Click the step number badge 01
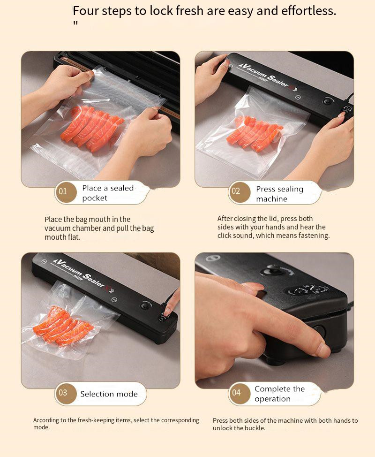(66, 192)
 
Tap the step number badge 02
(240, 192)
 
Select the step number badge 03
(66, 394)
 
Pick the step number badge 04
(240, 394)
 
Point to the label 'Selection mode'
(109, 394)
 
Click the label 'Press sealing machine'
(279, 194)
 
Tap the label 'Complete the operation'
(279, 394)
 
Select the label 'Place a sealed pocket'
(108, 193)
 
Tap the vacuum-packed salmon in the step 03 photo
(63, 326)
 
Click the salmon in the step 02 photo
(255, 133)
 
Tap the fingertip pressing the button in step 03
(168, 312)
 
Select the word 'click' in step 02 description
(225, 236)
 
